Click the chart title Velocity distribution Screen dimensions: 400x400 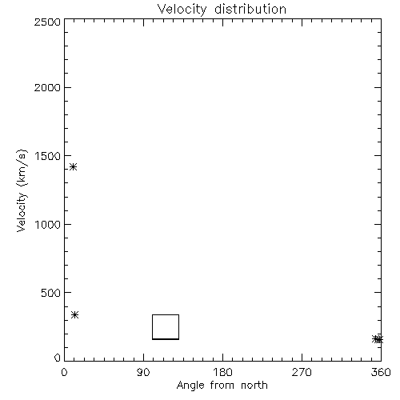point(222,10)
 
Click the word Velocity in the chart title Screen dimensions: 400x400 point(182,10)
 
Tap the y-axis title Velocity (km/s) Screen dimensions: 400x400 point(22,190)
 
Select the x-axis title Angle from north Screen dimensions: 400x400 point(222,386)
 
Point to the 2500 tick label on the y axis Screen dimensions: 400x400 point(47,22)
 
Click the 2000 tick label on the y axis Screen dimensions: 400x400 point(47,87)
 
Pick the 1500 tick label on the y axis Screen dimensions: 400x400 point(48,156)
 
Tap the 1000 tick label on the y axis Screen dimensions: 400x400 point(48,224)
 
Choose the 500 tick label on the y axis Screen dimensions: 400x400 point(51,293)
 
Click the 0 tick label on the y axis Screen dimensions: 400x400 point(58,358)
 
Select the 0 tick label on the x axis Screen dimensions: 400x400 point(64,372)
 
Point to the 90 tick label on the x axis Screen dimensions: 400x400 point(143,372)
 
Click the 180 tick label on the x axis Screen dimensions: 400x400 point(222,372)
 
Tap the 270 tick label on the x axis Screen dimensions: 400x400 point(302,372)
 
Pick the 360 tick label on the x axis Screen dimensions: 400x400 point(381,372)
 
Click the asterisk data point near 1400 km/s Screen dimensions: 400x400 point(73,167)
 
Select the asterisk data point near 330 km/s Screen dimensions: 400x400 point(75,314)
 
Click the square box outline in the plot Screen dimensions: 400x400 point(152,327)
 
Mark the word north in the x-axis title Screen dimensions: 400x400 point(254,386)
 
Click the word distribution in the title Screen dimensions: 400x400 point(250,10)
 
